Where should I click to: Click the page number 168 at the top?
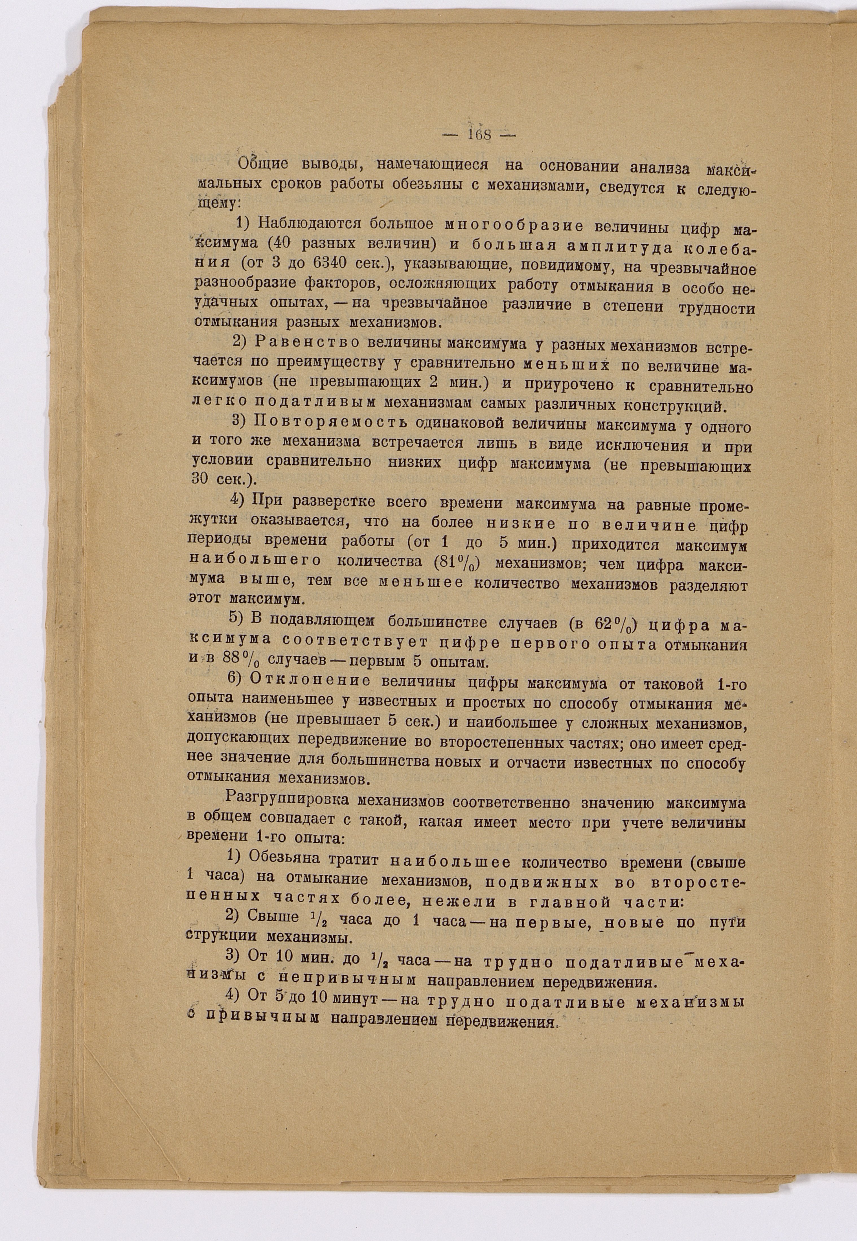(x=479, y=135)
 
